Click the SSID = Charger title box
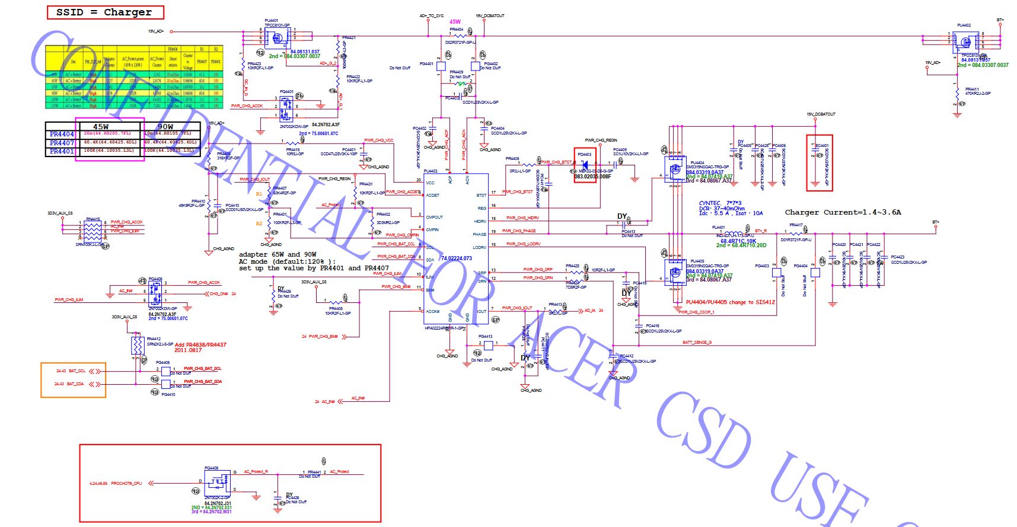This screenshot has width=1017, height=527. click(x=105, y=12)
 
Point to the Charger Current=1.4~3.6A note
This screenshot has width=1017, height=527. click(x=842, y=212)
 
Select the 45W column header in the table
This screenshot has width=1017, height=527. click(x=101, y=126)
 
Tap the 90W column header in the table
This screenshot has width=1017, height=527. click(x=165, y=126)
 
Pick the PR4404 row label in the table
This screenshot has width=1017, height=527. click(x=62, y=135)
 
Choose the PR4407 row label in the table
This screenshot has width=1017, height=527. click(x=62, y=143)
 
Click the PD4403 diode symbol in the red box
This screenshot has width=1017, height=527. click(x=585, y=165)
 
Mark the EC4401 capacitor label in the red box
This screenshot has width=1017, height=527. click(x=822, y=145)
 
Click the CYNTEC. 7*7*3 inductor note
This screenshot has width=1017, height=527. click(x=720, y=203)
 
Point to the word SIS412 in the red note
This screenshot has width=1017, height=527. click(x=765, y=302)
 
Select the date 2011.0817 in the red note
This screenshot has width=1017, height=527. click(x=189, y=350)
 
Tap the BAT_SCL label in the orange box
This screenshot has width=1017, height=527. click(x=77, y=371)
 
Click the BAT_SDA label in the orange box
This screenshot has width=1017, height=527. click(x=76, y=384)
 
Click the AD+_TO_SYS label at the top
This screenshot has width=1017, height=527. click(x=431, y=16)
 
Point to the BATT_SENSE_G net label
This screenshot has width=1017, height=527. click(x=697, y=343)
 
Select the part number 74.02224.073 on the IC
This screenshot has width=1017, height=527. click(x=457, y=258)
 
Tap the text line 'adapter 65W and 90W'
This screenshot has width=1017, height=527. click(x=277, y=254)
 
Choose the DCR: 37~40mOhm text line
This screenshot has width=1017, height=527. click(x=722, y=209)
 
